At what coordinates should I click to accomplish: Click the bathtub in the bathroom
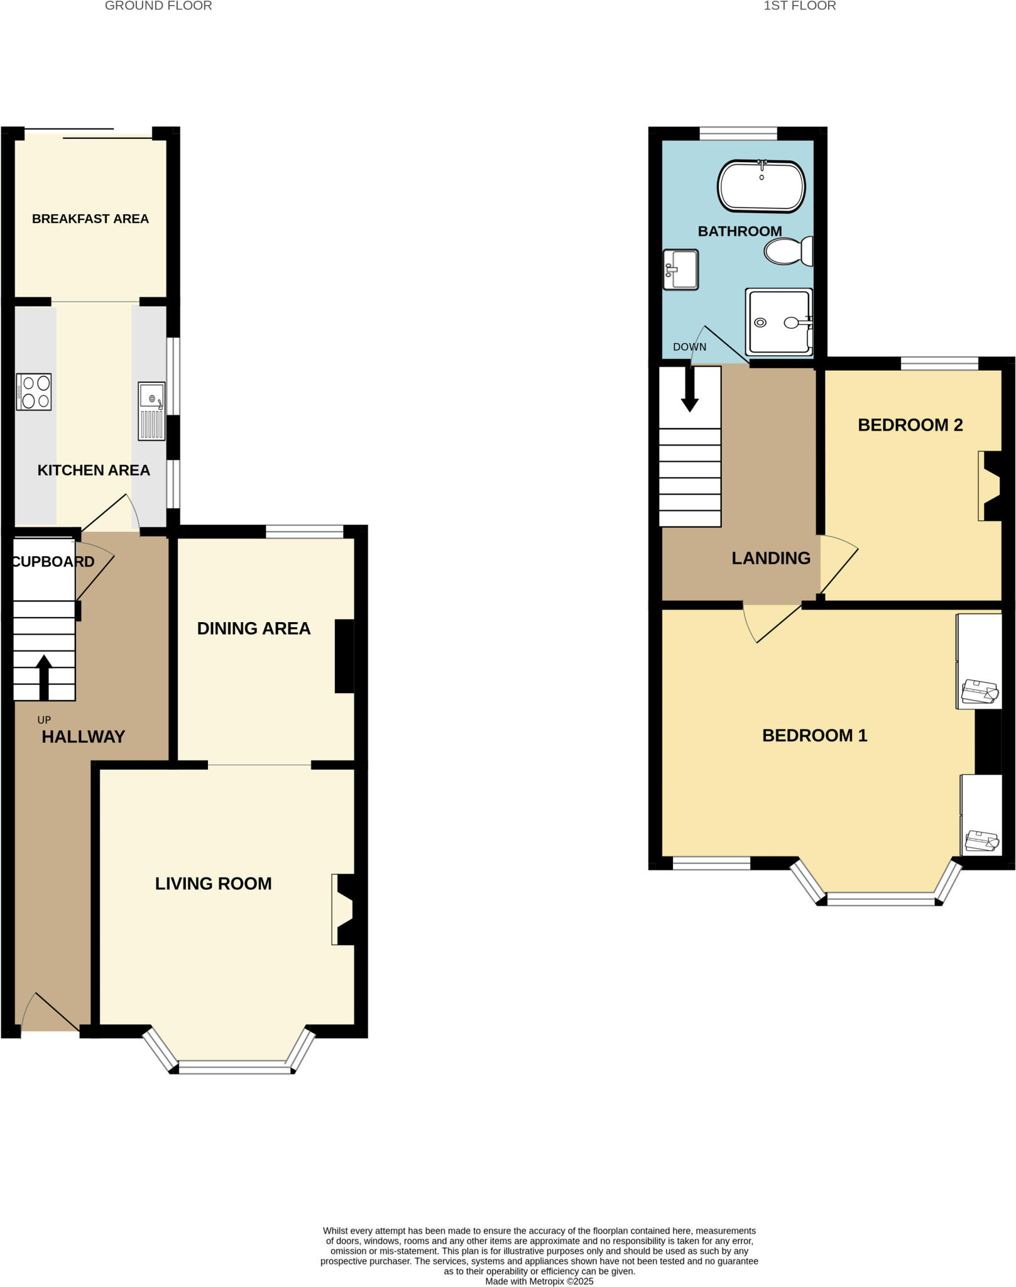761,187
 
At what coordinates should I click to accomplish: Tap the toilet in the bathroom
788,251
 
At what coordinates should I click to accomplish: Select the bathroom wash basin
680,270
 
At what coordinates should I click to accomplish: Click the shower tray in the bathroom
778,322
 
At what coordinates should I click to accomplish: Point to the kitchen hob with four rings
34,392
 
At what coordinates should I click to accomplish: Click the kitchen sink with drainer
151,411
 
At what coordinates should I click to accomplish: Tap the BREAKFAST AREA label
90,219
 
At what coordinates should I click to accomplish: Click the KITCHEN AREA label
94,470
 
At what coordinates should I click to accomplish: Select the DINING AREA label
254,628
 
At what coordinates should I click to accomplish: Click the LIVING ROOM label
214,884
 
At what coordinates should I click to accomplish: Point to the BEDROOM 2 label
910,425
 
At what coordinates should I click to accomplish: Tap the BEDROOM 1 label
814,735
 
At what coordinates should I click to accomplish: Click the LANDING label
771,558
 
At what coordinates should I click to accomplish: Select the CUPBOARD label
53,562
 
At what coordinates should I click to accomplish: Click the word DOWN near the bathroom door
689,347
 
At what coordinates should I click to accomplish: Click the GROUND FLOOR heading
158,6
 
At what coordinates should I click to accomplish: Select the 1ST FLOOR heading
799,6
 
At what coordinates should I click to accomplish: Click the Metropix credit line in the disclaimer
539,1281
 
